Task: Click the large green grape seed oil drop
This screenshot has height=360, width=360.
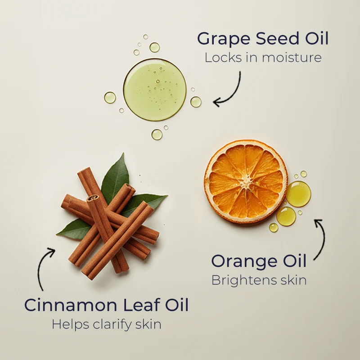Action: [x=155, y=89]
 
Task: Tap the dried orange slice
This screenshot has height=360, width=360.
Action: [x=246, y=181]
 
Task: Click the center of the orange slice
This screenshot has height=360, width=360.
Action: [x=246, y=181]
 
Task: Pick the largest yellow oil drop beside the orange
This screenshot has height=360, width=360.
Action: [x=298, y=194]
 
